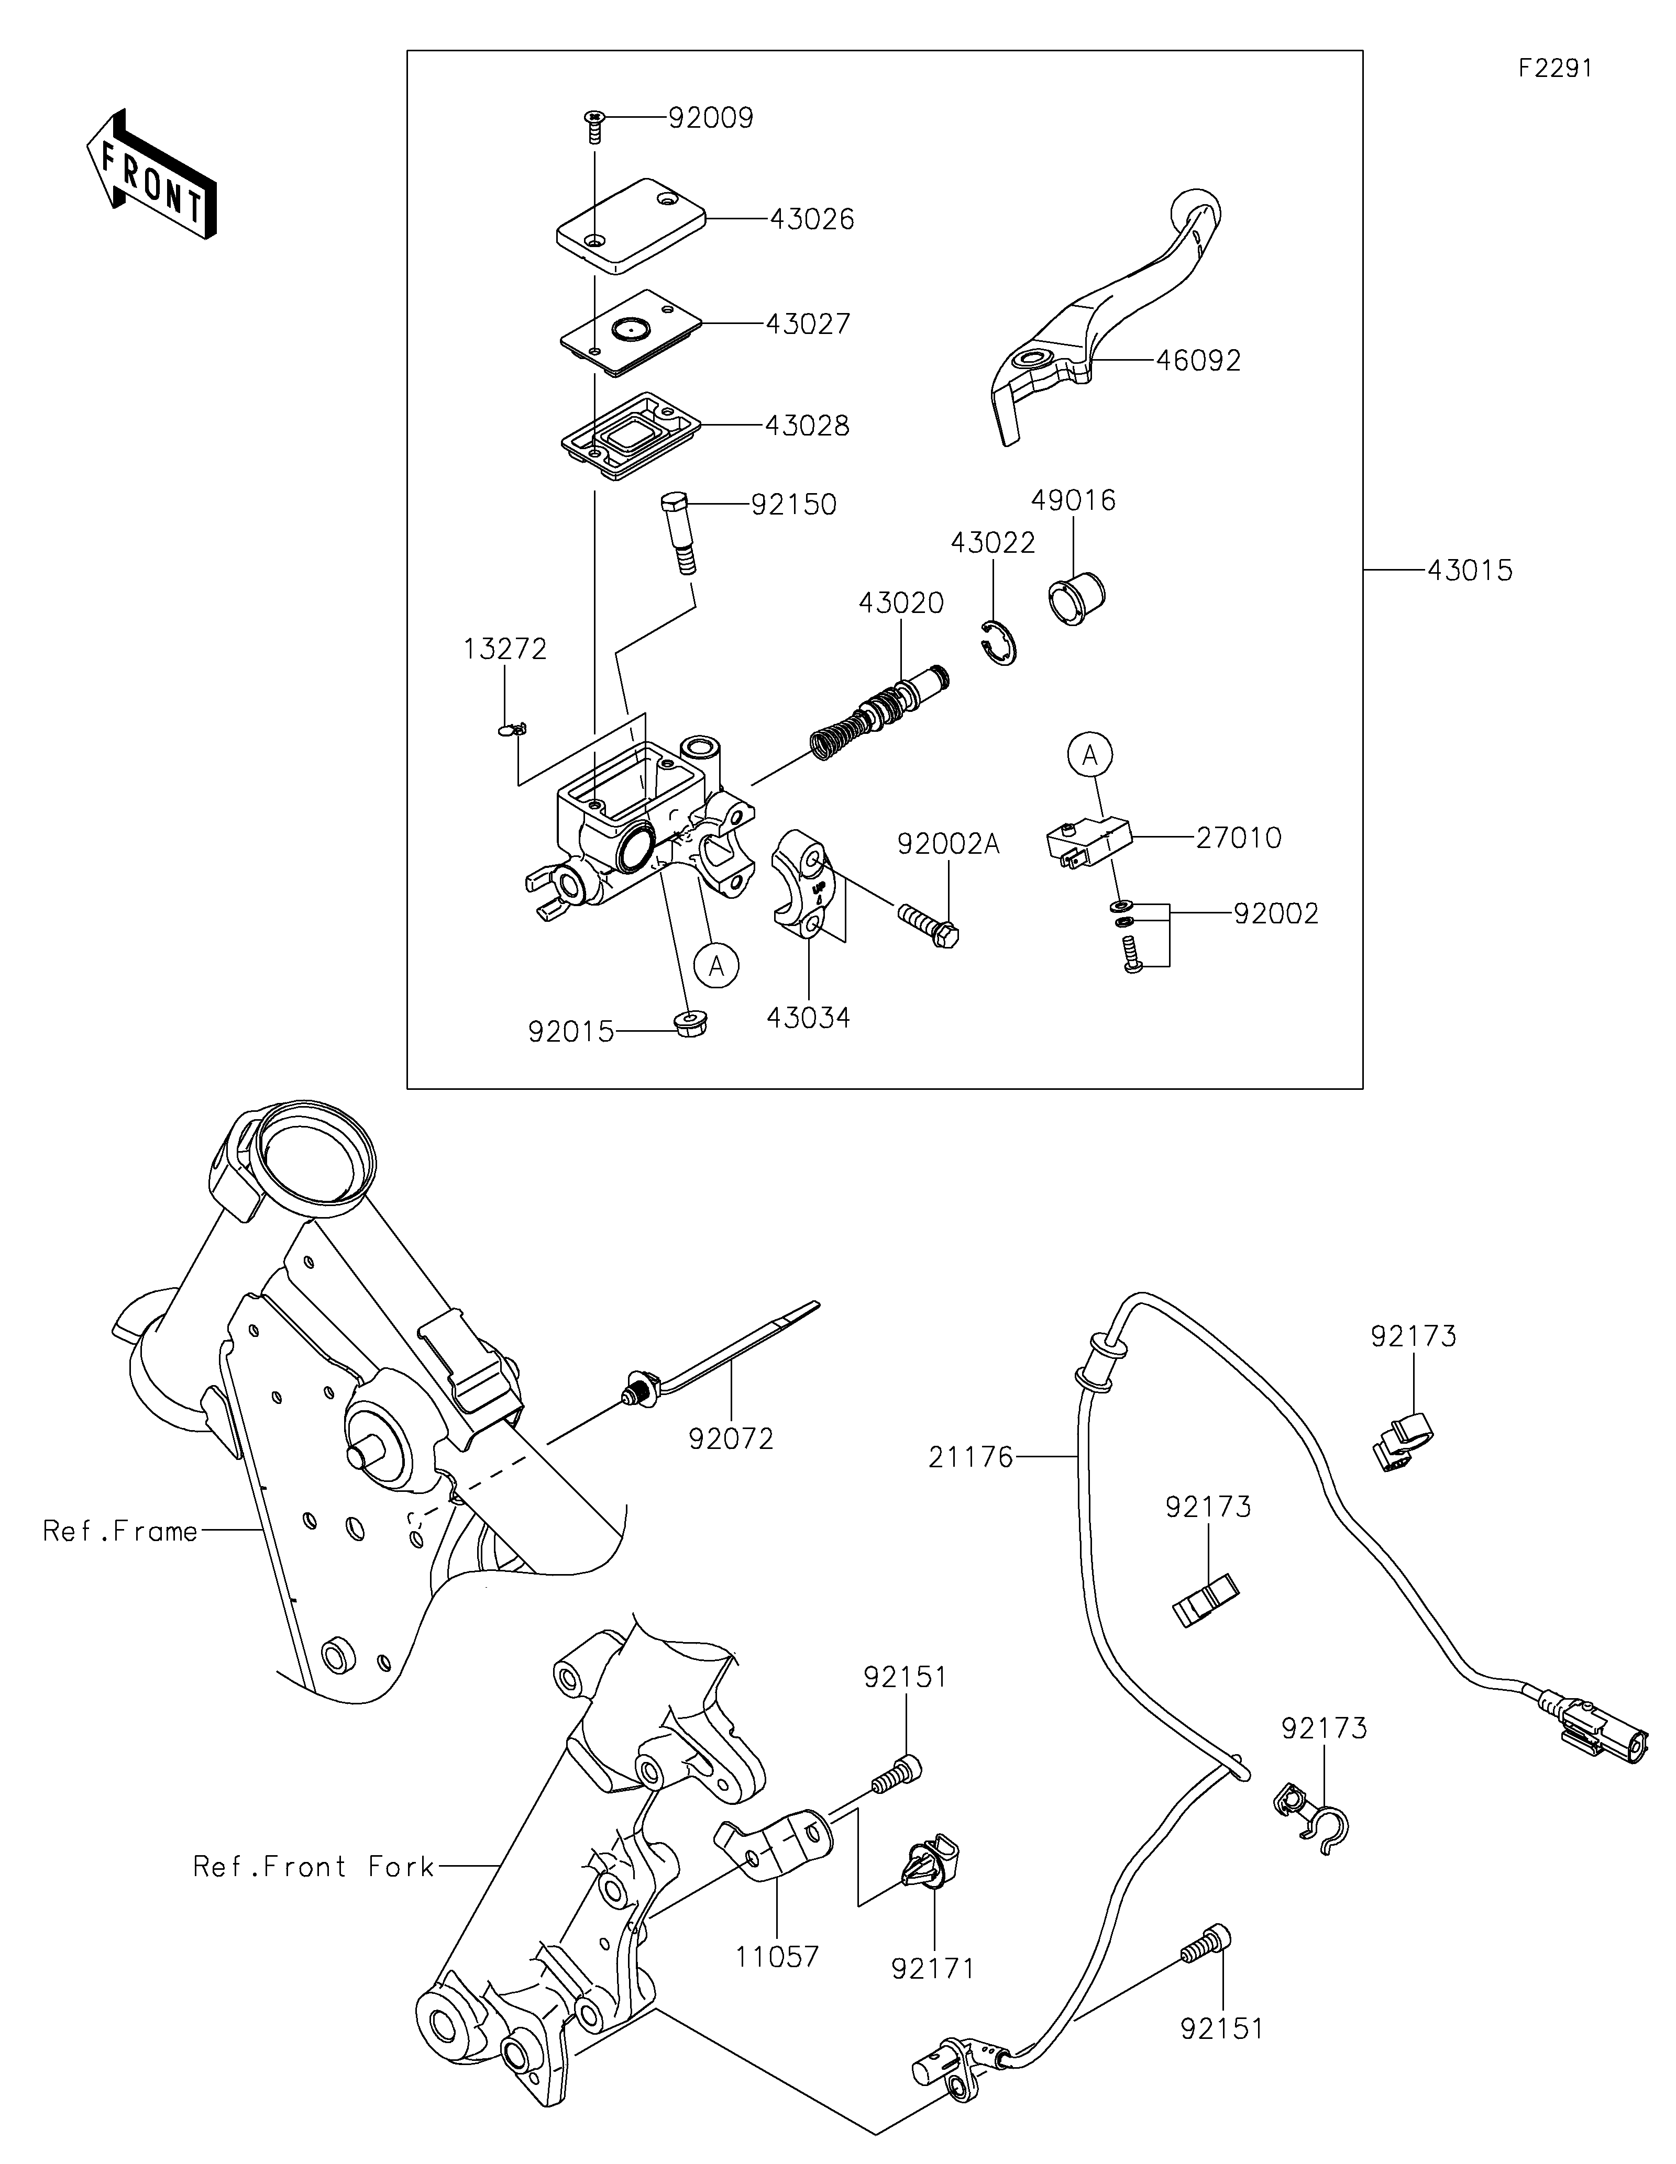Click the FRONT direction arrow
151,173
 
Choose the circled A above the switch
1090,756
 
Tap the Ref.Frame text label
120,1532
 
